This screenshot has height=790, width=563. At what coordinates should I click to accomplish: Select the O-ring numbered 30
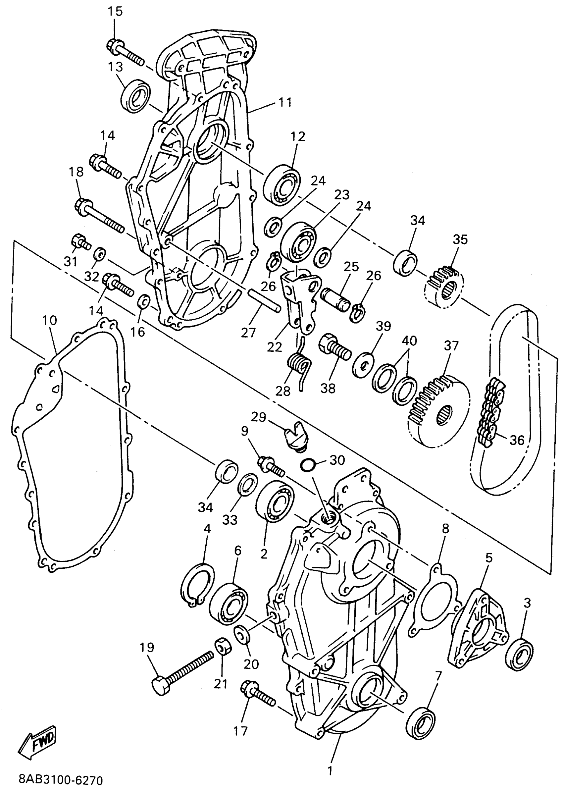309,465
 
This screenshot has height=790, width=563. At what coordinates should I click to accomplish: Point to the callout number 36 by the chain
517,440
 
